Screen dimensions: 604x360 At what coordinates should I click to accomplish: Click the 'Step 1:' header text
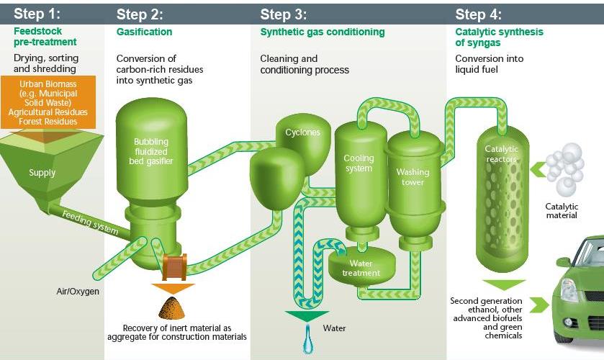click(x=37, y=14)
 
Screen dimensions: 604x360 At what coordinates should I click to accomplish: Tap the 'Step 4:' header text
click(x=479, y=14)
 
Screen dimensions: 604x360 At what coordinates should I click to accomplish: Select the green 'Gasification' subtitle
click(x=145, y=32)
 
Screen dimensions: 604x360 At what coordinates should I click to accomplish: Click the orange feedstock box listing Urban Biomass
click(x=48, y=102)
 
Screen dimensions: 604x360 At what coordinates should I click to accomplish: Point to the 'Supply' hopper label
click(x=42, y=173)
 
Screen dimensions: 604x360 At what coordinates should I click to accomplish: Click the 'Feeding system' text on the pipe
click(x=90, y=222)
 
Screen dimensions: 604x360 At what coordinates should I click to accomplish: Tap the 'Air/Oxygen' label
click(x=78, y=292)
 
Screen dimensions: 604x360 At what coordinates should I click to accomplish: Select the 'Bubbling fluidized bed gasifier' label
click(x=151, y=151)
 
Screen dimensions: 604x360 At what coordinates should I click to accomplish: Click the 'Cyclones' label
click(x=303, y=132)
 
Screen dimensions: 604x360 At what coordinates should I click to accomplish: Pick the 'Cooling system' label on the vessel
click(x=359, y=163)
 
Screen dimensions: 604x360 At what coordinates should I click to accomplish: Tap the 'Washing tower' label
click(x=413, y=177)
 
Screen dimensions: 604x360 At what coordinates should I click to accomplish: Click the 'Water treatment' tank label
click(x=361, y=269)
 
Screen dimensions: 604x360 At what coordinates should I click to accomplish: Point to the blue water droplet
click(x=308, y=339)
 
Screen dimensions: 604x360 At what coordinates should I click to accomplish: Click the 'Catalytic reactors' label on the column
click(x=501, y=154)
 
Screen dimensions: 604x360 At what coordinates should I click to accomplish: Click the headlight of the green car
click(x=568, y=290)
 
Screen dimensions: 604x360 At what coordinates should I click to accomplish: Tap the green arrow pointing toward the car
click(x=539, y=305)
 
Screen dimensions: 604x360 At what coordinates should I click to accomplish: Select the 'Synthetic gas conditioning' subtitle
click(x=323, y=32)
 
